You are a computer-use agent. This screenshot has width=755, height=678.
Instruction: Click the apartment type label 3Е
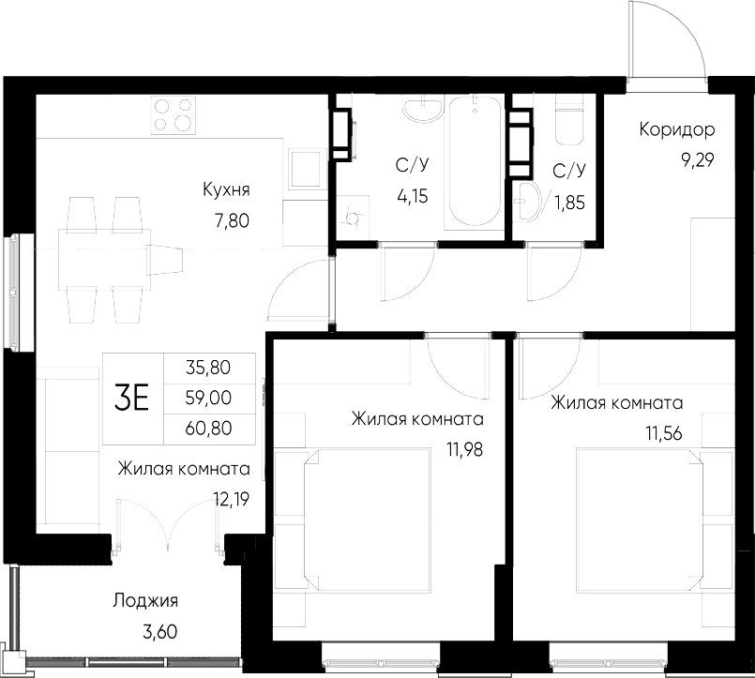click(132, 399)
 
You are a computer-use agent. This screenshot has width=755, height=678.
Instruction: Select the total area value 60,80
click(209, 429)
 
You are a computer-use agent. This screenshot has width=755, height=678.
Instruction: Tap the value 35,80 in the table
click(209, 367)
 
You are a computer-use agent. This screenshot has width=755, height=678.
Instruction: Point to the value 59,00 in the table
click(209, 398)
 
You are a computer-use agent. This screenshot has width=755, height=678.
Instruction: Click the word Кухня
click(226, 189)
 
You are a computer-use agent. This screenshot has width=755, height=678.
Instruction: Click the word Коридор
click(677, 129)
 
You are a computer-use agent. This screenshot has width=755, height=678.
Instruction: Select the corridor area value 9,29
click(698, 159)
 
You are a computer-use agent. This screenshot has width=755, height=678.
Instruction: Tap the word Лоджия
click(144, 601)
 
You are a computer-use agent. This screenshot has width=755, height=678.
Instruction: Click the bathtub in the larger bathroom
click(473, 159)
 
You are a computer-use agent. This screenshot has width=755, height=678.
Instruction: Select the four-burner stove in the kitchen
click(173, 113)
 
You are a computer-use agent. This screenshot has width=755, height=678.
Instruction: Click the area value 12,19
click(231, 500)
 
